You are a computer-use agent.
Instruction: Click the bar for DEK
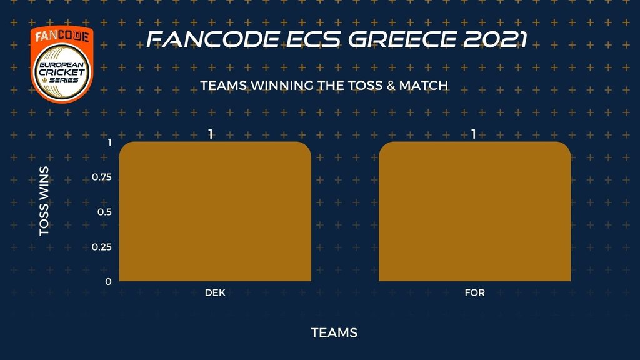click(x=215, y=211)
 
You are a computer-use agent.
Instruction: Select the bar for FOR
click(x=475, y=211)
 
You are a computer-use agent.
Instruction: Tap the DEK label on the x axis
click(x=215, y=292)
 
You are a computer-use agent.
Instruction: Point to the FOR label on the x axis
click(x=475, y=292)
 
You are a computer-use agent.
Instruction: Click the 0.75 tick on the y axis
click(x=102, y=177)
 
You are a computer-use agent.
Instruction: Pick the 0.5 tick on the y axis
click(x=104, y=212)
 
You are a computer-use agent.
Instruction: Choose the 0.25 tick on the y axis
click(x=102, y=247)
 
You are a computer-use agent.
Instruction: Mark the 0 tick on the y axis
click(x=108, y=282)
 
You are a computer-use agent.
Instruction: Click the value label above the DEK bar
click(x=211, y=134)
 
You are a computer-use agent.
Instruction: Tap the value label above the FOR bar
click(x=474, y=134)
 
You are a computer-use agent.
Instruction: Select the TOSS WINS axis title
click(x=44, y=201)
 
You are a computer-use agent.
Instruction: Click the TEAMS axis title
click(x=334, y=332)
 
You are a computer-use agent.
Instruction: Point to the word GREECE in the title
click(x=402, y=39)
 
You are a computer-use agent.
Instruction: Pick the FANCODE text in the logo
click(x=62, y=36)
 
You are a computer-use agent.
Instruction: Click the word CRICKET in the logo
click(x=62, y=72)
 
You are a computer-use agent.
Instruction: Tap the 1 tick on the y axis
click(x=109, y=142)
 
